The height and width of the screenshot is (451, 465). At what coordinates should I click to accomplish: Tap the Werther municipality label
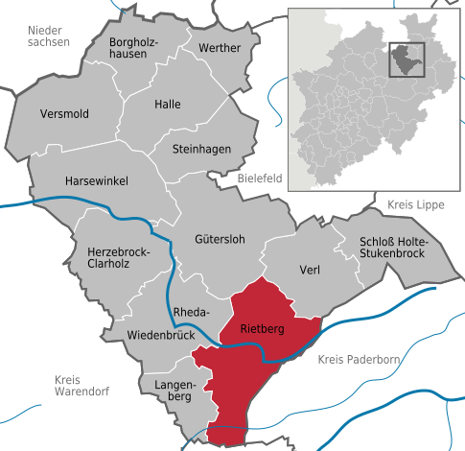coord(220,48)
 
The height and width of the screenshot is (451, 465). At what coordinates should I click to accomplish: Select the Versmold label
coord(65,114)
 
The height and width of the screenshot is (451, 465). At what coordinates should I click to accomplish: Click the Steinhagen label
coord(198,149)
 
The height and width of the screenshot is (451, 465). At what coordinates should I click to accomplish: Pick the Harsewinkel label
coord(95,180)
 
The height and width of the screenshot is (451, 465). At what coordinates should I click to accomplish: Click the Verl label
coord(309,270)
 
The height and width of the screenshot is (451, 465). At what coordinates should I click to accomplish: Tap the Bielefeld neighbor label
coord(260,178)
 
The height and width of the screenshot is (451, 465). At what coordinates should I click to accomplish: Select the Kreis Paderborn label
coord(356,359)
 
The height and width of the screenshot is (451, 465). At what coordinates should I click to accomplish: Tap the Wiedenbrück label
coord(161,335)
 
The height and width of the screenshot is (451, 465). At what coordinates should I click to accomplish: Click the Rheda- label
coord(194,312)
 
